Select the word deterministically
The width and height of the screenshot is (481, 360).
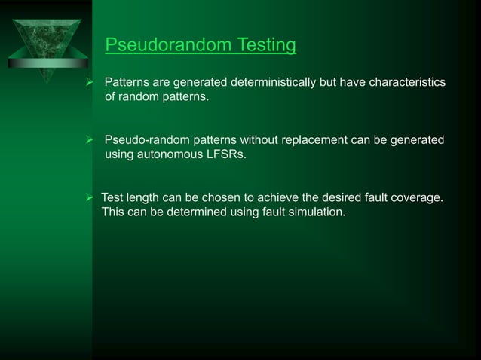269,81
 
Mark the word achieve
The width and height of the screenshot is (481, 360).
288,197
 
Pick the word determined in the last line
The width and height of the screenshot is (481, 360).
193,212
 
